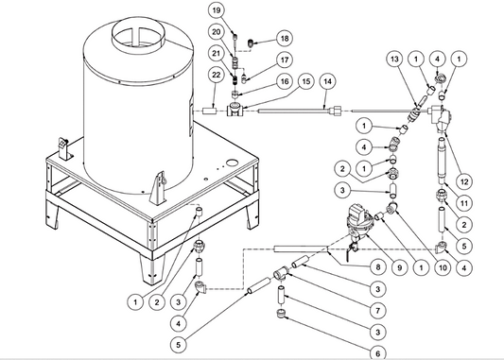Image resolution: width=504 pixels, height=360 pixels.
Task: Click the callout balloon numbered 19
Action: tap(216, 10)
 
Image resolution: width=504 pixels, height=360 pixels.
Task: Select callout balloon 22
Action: tap(217, 75)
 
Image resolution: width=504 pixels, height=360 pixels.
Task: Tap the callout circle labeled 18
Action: tap(285, 39)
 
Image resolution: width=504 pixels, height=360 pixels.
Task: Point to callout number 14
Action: tap(327, 81)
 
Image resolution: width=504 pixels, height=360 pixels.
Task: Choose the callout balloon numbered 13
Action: tap(394, 60)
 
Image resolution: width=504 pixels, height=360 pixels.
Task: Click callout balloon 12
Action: tap(464, 182)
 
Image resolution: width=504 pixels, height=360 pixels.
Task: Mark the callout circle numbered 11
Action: tap(464, 203)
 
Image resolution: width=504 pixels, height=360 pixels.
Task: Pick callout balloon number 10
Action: tap(443, 267)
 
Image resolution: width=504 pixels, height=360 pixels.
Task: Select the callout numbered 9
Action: tap(400, 267)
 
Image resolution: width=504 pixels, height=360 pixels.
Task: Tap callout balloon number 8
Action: tap(378, 267)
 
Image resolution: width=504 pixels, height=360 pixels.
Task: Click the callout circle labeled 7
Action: tap(378, 311)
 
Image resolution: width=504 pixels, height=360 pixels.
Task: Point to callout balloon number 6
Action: tap(378, 352)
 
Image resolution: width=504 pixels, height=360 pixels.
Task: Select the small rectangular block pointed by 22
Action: tap(210, 111)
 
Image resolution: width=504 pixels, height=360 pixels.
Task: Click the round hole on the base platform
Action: tap(232, 163)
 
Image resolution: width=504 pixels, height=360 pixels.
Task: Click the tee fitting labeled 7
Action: tap(282, 274)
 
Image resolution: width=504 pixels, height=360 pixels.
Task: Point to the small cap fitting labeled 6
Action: tap(281, 313)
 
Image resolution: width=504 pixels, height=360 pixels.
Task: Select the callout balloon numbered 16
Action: tap(285, 81)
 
